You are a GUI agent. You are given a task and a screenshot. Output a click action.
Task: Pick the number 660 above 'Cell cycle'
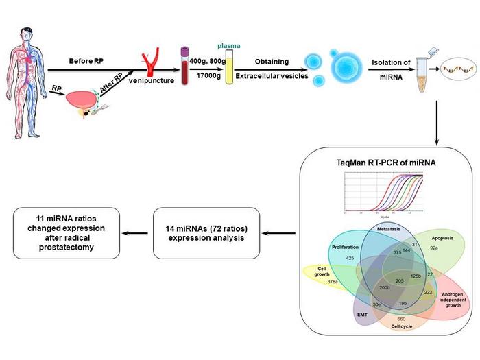pos(401,319)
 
